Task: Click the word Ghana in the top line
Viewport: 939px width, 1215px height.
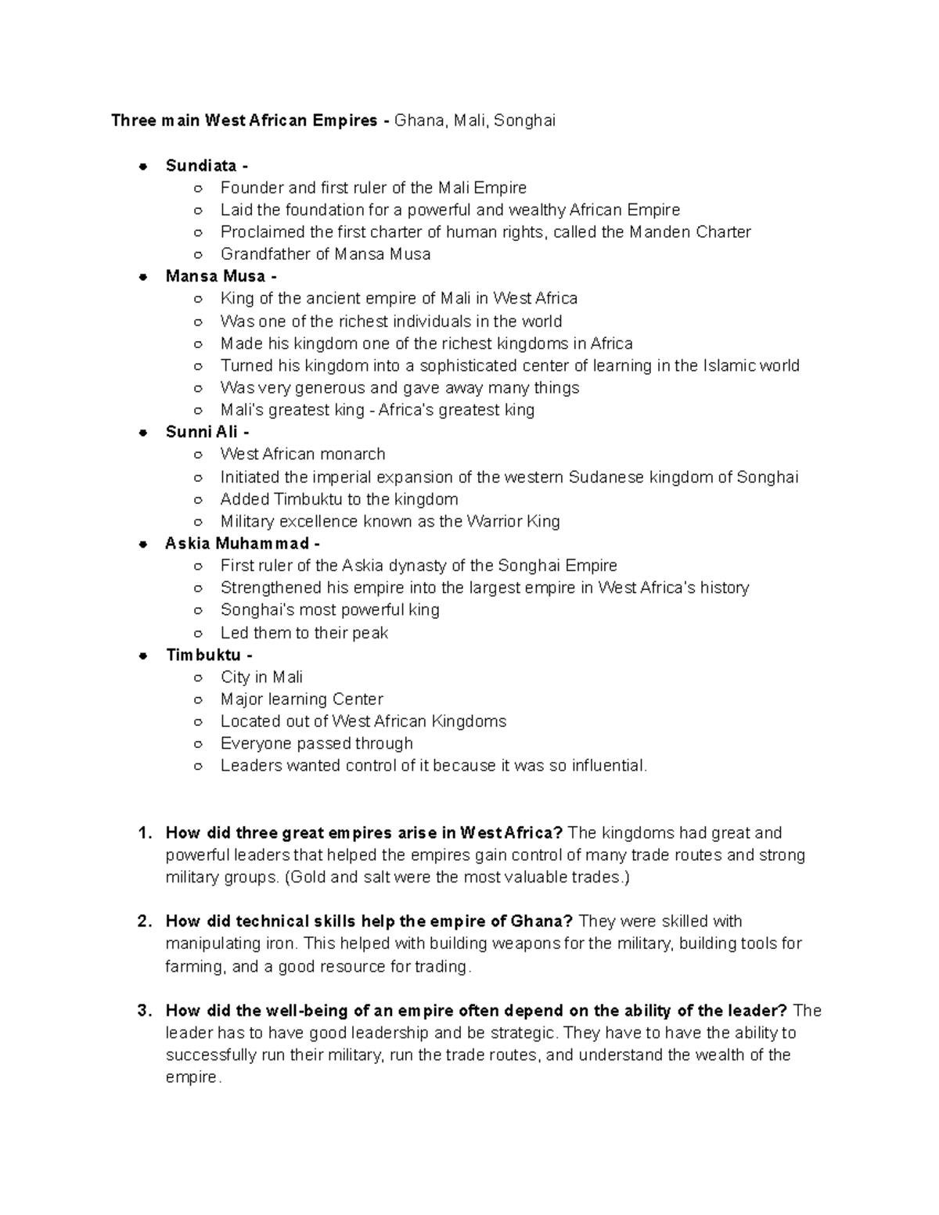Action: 416,120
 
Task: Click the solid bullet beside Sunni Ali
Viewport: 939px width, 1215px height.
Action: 143,433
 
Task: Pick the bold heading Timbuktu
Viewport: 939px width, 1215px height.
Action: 203,655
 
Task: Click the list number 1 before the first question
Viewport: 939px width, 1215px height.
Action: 143,833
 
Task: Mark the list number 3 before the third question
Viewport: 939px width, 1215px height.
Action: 143,1011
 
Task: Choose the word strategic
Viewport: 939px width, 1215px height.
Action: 518,1033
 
